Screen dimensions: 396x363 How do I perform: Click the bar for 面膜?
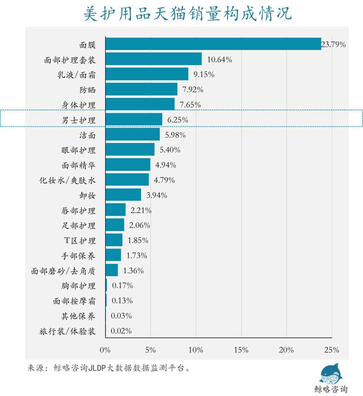(213, 44)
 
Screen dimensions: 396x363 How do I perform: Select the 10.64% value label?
(219, 60)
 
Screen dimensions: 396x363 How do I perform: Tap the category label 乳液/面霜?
(76, 75)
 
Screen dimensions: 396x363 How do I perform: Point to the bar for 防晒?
(141, 89)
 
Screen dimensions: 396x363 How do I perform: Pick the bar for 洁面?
(133, 135)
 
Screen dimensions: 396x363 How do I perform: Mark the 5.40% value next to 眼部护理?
(170, 150)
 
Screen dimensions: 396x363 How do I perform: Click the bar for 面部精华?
(128, 165)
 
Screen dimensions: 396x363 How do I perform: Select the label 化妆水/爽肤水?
(67, 180)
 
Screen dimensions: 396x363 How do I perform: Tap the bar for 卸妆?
(123, 195)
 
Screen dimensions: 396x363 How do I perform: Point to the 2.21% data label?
(141, 211)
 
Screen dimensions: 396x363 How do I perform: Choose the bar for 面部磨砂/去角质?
(112, 270)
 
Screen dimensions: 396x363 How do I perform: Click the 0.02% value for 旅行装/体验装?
(121, 331)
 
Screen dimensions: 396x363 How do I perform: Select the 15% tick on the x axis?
(241, 350)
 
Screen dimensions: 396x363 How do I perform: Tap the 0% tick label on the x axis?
(105, 350)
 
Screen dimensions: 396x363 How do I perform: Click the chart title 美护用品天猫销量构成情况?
(187, 14)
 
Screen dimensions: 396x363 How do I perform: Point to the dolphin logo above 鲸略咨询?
(330, 374)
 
